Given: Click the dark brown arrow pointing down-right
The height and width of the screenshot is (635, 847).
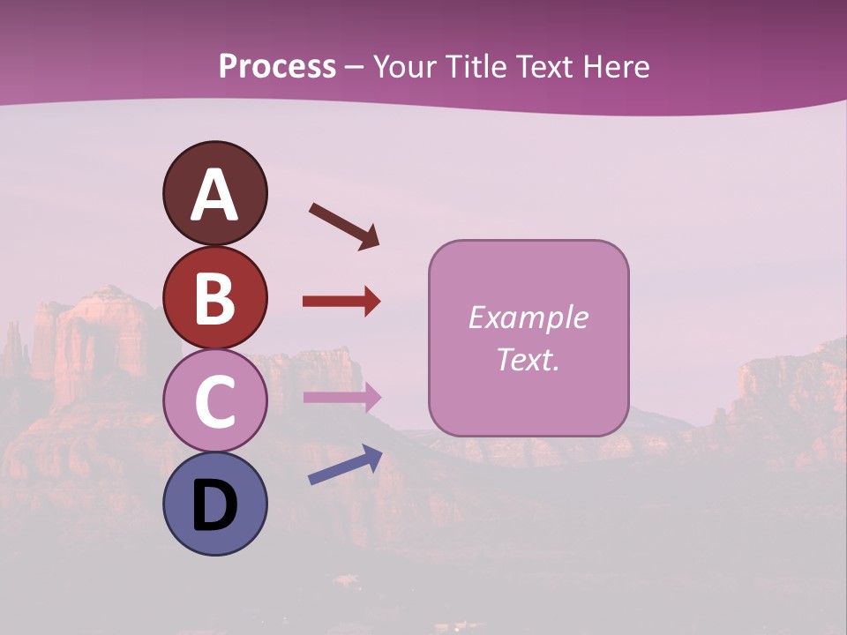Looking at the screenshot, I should coord(344,225).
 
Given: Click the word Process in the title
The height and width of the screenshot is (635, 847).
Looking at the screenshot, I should coord(277,67).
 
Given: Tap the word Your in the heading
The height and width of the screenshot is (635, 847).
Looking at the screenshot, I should coord(405,67).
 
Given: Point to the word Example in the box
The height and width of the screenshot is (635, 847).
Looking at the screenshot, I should coord(528,317).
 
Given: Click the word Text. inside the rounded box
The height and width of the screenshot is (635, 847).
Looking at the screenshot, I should coord(528,359).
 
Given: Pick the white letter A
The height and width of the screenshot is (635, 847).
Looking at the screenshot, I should coord(214,196).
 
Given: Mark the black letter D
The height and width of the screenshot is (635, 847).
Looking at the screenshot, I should coord(214,506).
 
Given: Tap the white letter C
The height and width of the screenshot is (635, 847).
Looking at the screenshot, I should coord(214,402).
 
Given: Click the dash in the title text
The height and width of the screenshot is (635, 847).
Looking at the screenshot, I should coord(355,68).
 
